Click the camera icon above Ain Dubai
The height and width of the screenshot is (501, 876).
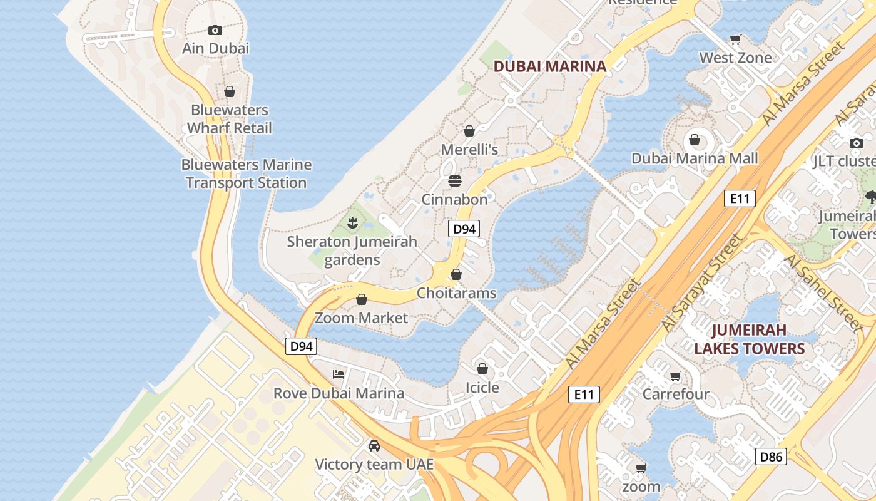pyautogui.click(x=215, y=30)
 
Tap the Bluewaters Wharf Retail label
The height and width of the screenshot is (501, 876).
pyautogui.click(x=230, y=119)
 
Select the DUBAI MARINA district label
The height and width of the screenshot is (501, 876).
pyautogui.click(x=550, y=66)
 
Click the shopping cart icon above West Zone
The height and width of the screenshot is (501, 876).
pyautogui.click(x=736, y=39)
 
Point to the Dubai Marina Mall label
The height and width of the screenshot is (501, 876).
pyautogui.click(x=695, y=158)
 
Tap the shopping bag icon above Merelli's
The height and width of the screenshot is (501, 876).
pyautogui.click(x=469, y=131)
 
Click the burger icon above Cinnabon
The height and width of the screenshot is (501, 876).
pyautogui.click(x=455, y=181)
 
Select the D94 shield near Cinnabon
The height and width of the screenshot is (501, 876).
pyautogui.click(x=464, y=229)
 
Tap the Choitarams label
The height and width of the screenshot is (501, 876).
pyautogui.click(x=456, y=293)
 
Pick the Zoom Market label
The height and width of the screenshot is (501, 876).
pyautogui.click(x=361, y=318)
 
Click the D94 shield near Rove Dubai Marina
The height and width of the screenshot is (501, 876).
pyautogui.click(x=301, y=346)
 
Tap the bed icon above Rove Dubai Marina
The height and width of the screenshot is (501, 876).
pyautogui.click(x=339, y=374)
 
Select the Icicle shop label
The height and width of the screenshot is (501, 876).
pyautogui.click(x=482, y=388)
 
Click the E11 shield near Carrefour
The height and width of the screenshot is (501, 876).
pyautogui.click(x=584, y=395)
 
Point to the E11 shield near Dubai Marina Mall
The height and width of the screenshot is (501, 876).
pyautogui.click(x=740, y=199)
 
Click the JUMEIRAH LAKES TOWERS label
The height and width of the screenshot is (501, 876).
pyautogui.click(x=749, y=339)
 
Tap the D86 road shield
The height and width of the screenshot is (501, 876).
pyautogui.click(x=771, y=457)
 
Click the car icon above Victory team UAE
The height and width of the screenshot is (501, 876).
pyautogui.click(x=374, y=446)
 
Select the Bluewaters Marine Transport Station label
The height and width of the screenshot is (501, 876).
pyautogui.click(x=246, y=174)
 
